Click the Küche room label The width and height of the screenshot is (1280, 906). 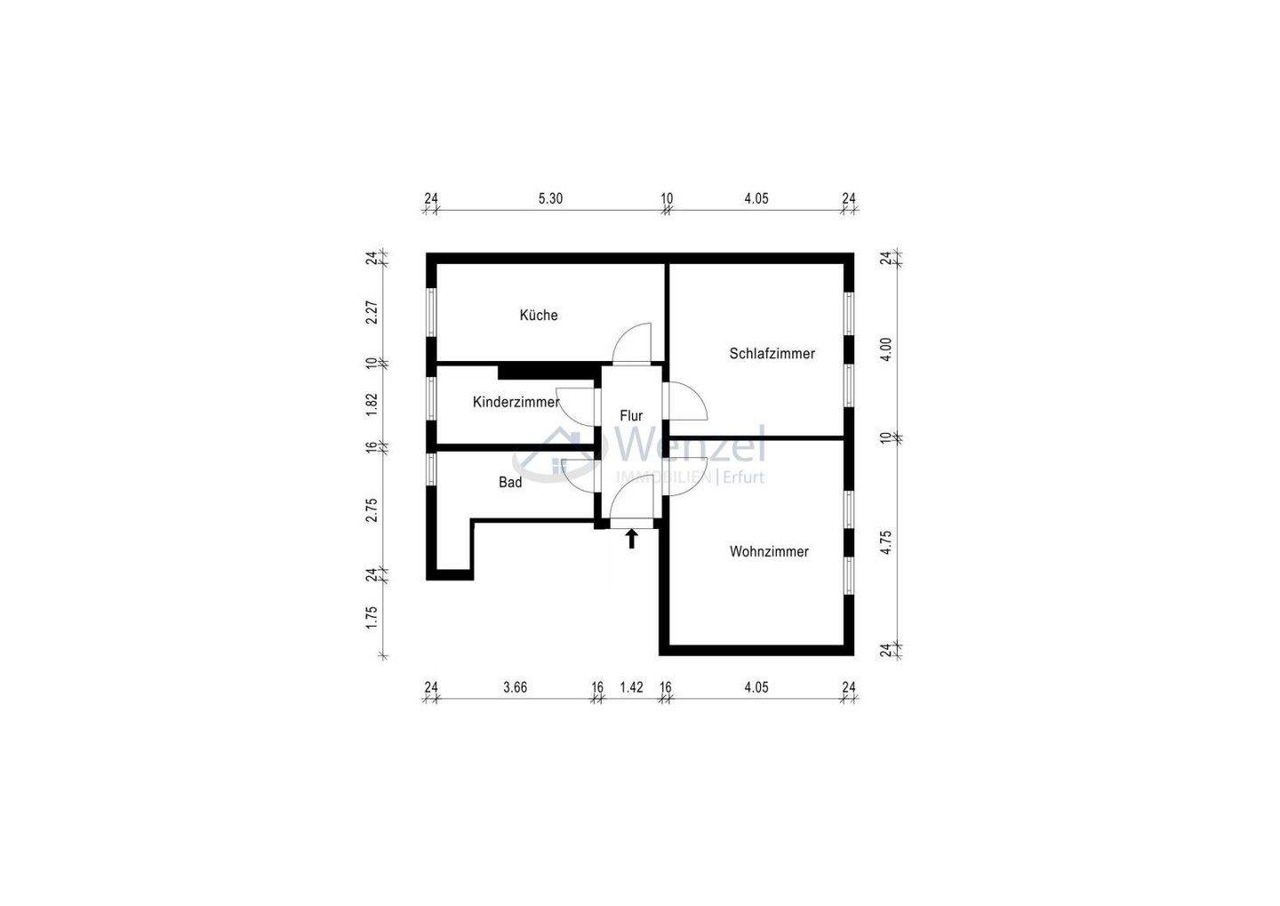coord(539,315)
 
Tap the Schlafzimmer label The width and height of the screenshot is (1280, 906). coord(772,353)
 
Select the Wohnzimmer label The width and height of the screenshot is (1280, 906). coord(769,551)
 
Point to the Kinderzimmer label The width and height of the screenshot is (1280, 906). coord(516,402)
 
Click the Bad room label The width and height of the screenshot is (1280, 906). coord(510,482)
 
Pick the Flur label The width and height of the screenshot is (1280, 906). coord(631,415)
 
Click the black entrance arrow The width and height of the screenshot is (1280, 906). coord(631,538)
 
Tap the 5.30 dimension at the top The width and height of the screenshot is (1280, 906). coord(550,198)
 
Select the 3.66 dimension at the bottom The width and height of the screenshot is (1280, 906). coord(515,686)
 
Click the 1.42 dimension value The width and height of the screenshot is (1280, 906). coord(631,686)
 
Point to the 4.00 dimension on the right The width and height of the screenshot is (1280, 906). coord(885,349)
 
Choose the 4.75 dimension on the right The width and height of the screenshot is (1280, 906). coord(885,542)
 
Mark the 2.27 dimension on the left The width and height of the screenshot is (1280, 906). coord(372,313)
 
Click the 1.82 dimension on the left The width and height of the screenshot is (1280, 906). coord(372,405)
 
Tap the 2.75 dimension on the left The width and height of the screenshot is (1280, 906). coord(372,509)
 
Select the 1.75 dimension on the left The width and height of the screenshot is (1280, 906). coord(372,617)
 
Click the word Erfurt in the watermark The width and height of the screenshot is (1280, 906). coord(744,477)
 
